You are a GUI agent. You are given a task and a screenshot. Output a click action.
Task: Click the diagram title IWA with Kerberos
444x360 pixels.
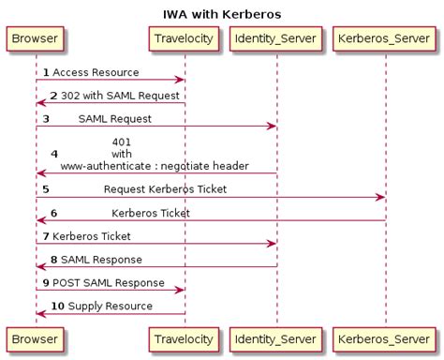click(222, 14)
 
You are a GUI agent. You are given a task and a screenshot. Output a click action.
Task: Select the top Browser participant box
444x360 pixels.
click(36, 39)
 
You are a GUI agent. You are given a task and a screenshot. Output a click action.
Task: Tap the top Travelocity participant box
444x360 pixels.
click(185, 39)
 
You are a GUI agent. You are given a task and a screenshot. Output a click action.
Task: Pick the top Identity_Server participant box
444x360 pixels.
click(276, 39)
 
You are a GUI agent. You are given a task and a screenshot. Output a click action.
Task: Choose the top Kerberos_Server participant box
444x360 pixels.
click(385, 39)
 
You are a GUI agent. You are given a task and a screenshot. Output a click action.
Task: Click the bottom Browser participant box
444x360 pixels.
click(36, 337)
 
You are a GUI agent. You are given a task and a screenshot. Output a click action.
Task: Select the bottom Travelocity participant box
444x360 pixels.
click(185, 337)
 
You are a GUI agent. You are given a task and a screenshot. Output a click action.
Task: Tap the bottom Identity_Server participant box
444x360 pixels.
click(276, 337)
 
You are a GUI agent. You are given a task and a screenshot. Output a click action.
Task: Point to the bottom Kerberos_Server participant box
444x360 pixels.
click(385, 337)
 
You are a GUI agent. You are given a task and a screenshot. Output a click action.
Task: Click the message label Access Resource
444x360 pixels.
click(96, 72)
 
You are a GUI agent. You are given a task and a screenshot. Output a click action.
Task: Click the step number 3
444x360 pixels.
click(46, 119)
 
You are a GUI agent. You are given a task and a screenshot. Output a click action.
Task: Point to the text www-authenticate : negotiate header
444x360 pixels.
click(155, 166)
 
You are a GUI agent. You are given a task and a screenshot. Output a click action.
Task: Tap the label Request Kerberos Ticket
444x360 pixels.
click(165, 189)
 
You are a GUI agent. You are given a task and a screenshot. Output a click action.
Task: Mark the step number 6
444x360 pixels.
click(53, 213)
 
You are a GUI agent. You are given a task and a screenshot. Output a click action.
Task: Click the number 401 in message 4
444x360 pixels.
click(122, 142)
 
